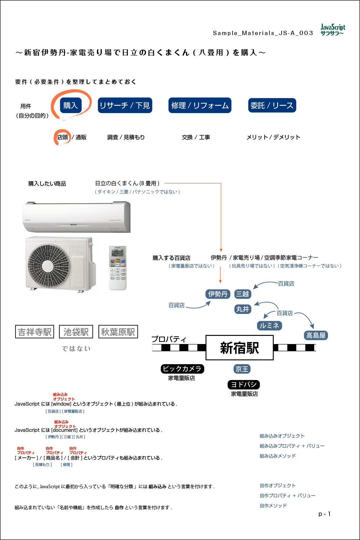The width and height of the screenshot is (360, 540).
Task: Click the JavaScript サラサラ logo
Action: pos(333,30)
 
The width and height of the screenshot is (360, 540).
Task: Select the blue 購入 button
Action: pos(71,105)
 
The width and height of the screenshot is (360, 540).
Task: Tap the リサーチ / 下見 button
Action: pos(125,105)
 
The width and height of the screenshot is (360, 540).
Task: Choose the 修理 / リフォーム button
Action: pos(200,105)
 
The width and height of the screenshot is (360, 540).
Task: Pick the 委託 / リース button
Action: pos(272,105)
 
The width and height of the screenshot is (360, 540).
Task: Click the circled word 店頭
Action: pos(62,137)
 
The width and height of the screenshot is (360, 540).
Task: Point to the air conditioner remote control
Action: pos(118,268)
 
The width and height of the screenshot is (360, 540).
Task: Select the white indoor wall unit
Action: pos(76,217)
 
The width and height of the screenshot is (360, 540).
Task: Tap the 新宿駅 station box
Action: pos(240,348)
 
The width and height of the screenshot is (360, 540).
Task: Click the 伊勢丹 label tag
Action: pos(218,294)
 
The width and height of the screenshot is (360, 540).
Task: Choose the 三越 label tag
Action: pos(243,294)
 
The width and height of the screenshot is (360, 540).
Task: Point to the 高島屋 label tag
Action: pos(316,336)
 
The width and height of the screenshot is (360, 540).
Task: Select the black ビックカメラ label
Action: pos(182,369)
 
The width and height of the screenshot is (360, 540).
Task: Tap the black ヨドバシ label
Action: pos(244,385)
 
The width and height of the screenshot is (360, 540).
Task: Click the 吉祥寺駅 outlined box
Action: pos(34,332)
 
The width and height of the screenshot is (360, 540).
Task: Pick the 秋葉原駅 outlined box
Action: pos(118,332)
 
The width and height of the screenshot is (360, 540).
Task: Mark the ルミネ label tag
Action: pos(269,326)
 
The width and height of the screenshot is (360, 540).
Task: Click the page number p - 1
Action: pos(324,514)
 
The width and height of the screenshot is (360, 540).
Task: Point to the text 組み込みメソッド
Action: pos(277,456)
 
